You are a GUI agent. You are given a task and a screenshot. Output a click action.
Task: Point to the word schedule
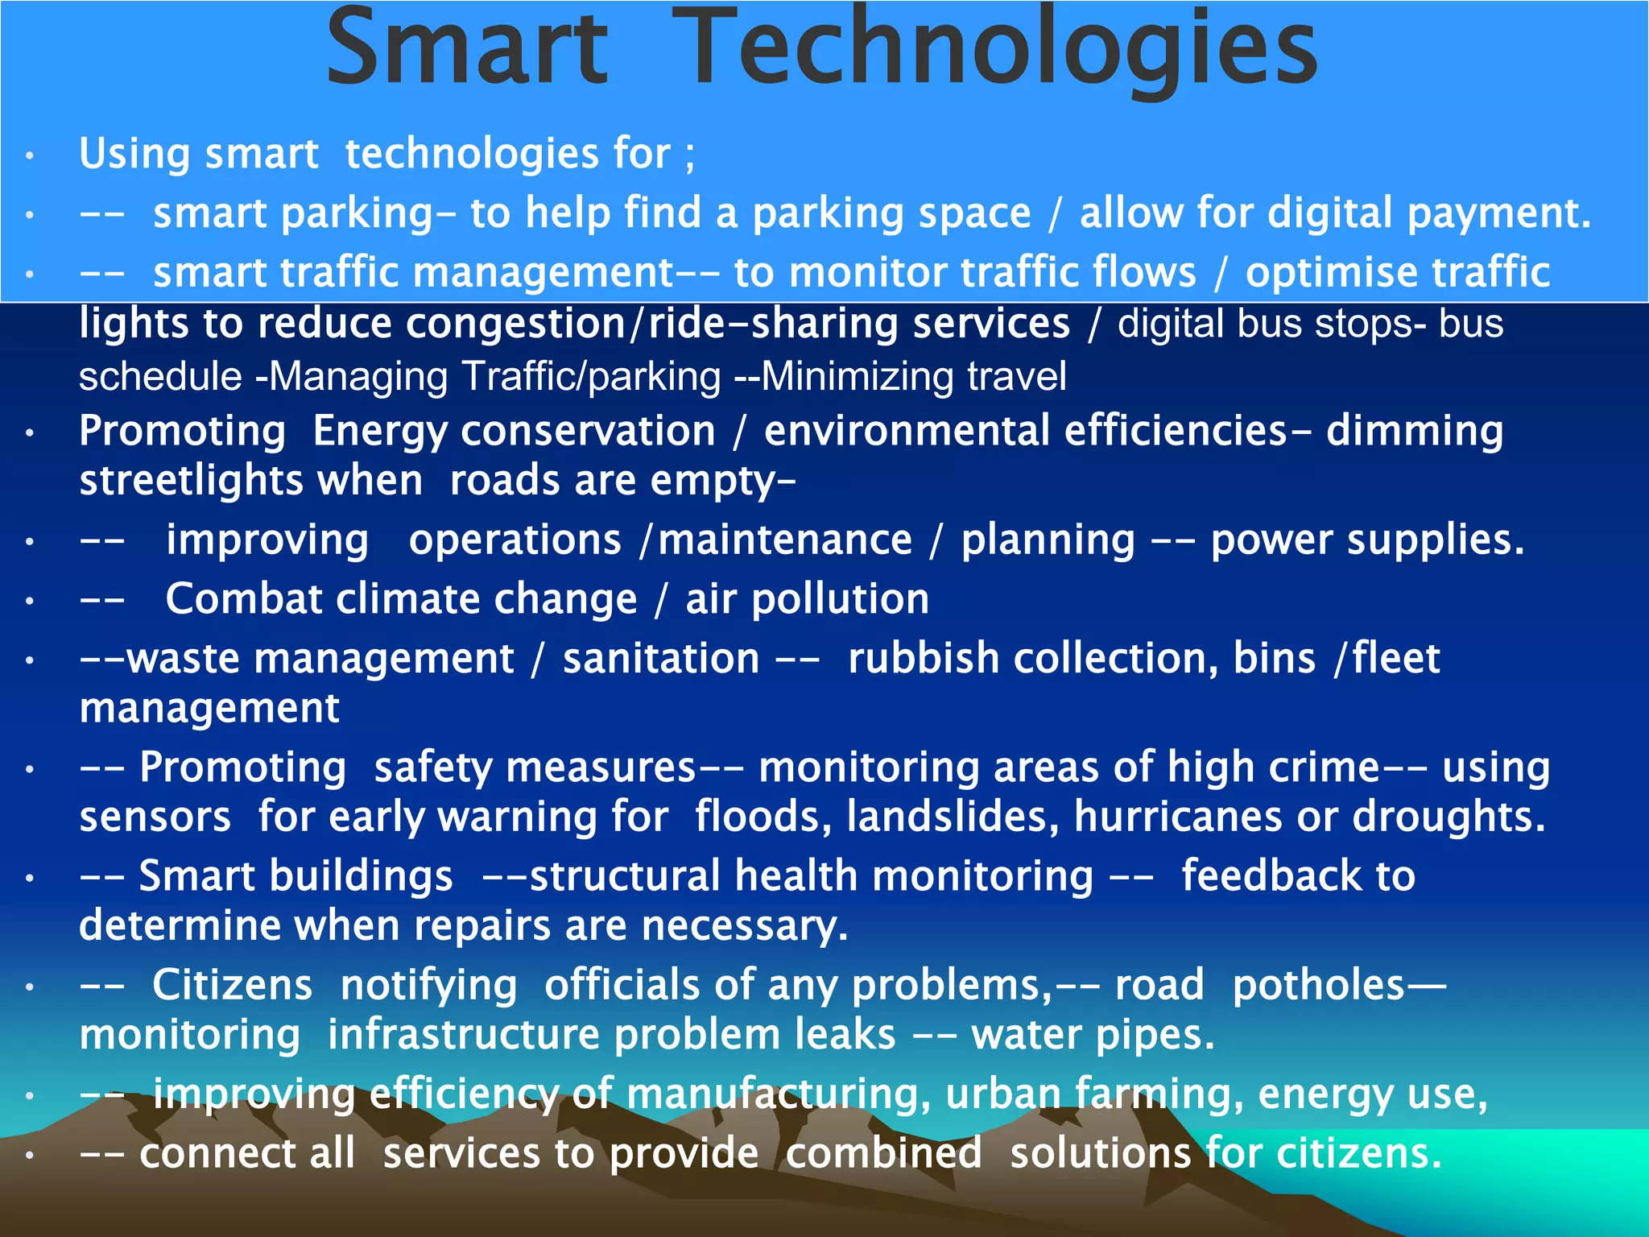(x=160, y=377)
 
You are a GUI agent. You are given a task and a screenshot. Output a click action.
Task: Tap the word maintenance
(x=785, y=540)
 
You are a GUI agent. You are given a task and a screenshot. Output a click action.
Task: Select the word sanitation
(x=661, y=660)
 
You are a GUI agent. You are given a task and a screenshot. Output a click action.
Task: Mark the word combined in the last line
(x=883, y=1154)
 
